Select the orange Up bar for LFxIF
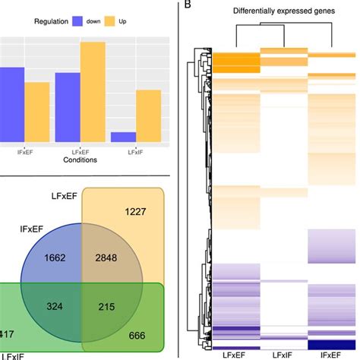pyautogui.click(x=148, y=116)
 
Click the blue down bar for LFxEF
pyautogui.click(x=68, y=107)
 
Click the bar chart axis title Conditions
pyautogui.click(x=80, y=160)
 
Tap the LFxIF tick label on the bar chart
pyautogui.click(x=135, y=152)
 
